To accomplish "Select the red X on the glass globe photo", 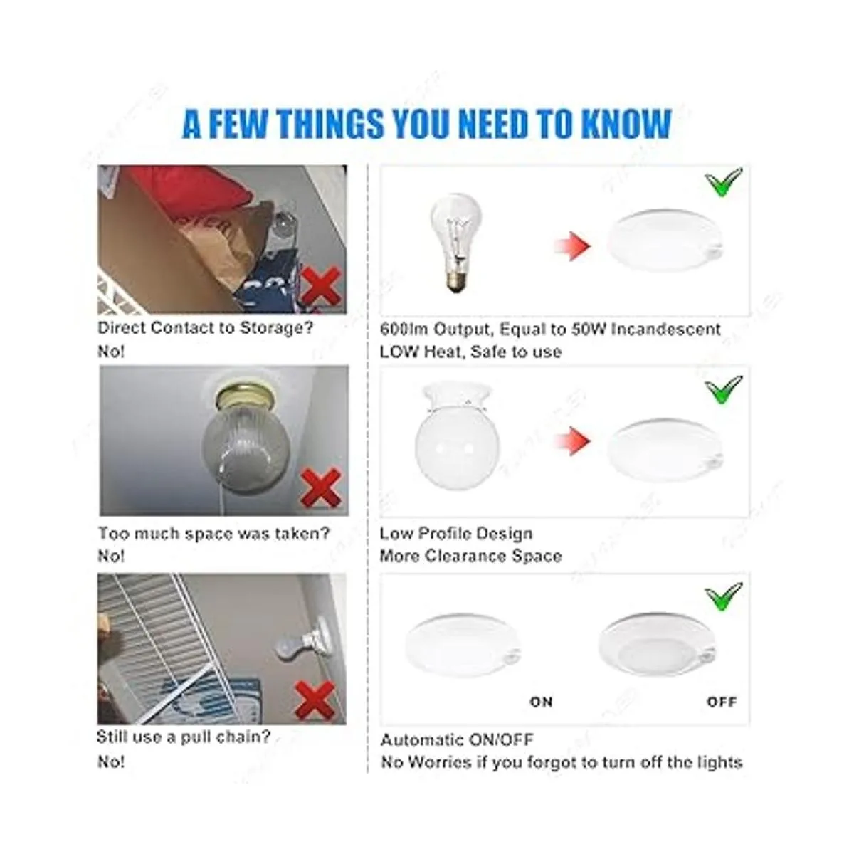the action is [x=321, y=488].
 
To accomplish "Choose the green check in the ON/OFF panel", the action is [x=723, y=596].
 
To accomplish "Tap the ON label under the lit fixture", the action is [x=541, y=702].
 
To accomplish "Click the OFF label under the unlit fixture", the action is [x=722, y=702].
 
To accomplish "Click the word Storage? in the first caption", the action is [x=277, y=328].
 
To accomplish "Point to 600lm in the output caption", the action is [x=404, y=330].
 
